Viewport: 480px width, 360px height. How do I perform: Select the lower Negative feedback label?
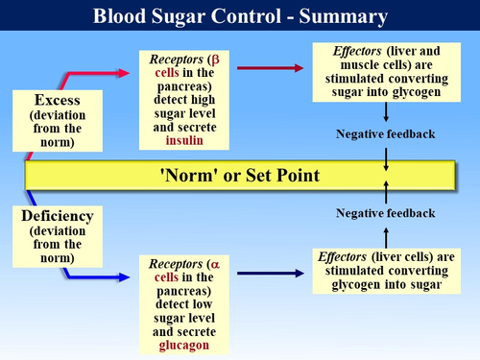[x=384, y=213]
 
